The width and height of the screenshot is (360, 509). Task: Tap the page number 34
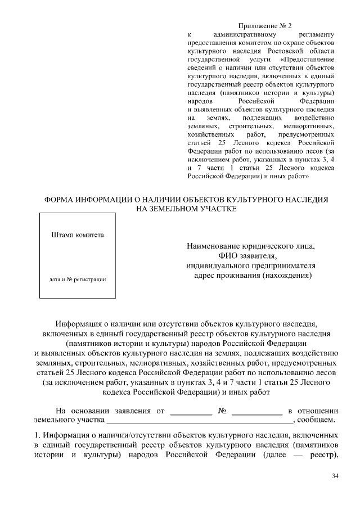coord(335,476)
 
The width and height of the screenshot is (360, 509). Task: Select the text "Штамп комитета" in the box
coord(78,235)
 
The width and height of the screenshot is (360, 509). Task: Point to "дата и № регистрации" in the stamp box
coord(78,279)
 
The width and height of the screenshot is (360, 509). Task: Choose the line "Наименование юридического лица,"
coord(251,246)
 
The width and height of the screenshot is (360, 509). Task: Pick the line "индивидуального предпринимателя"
coord(251,265)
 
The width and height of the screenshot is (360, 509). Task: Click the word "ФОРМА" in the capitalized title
coord(62,200)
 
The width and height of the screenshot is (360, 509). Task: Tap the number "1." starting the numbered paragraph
coord(37,435)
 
